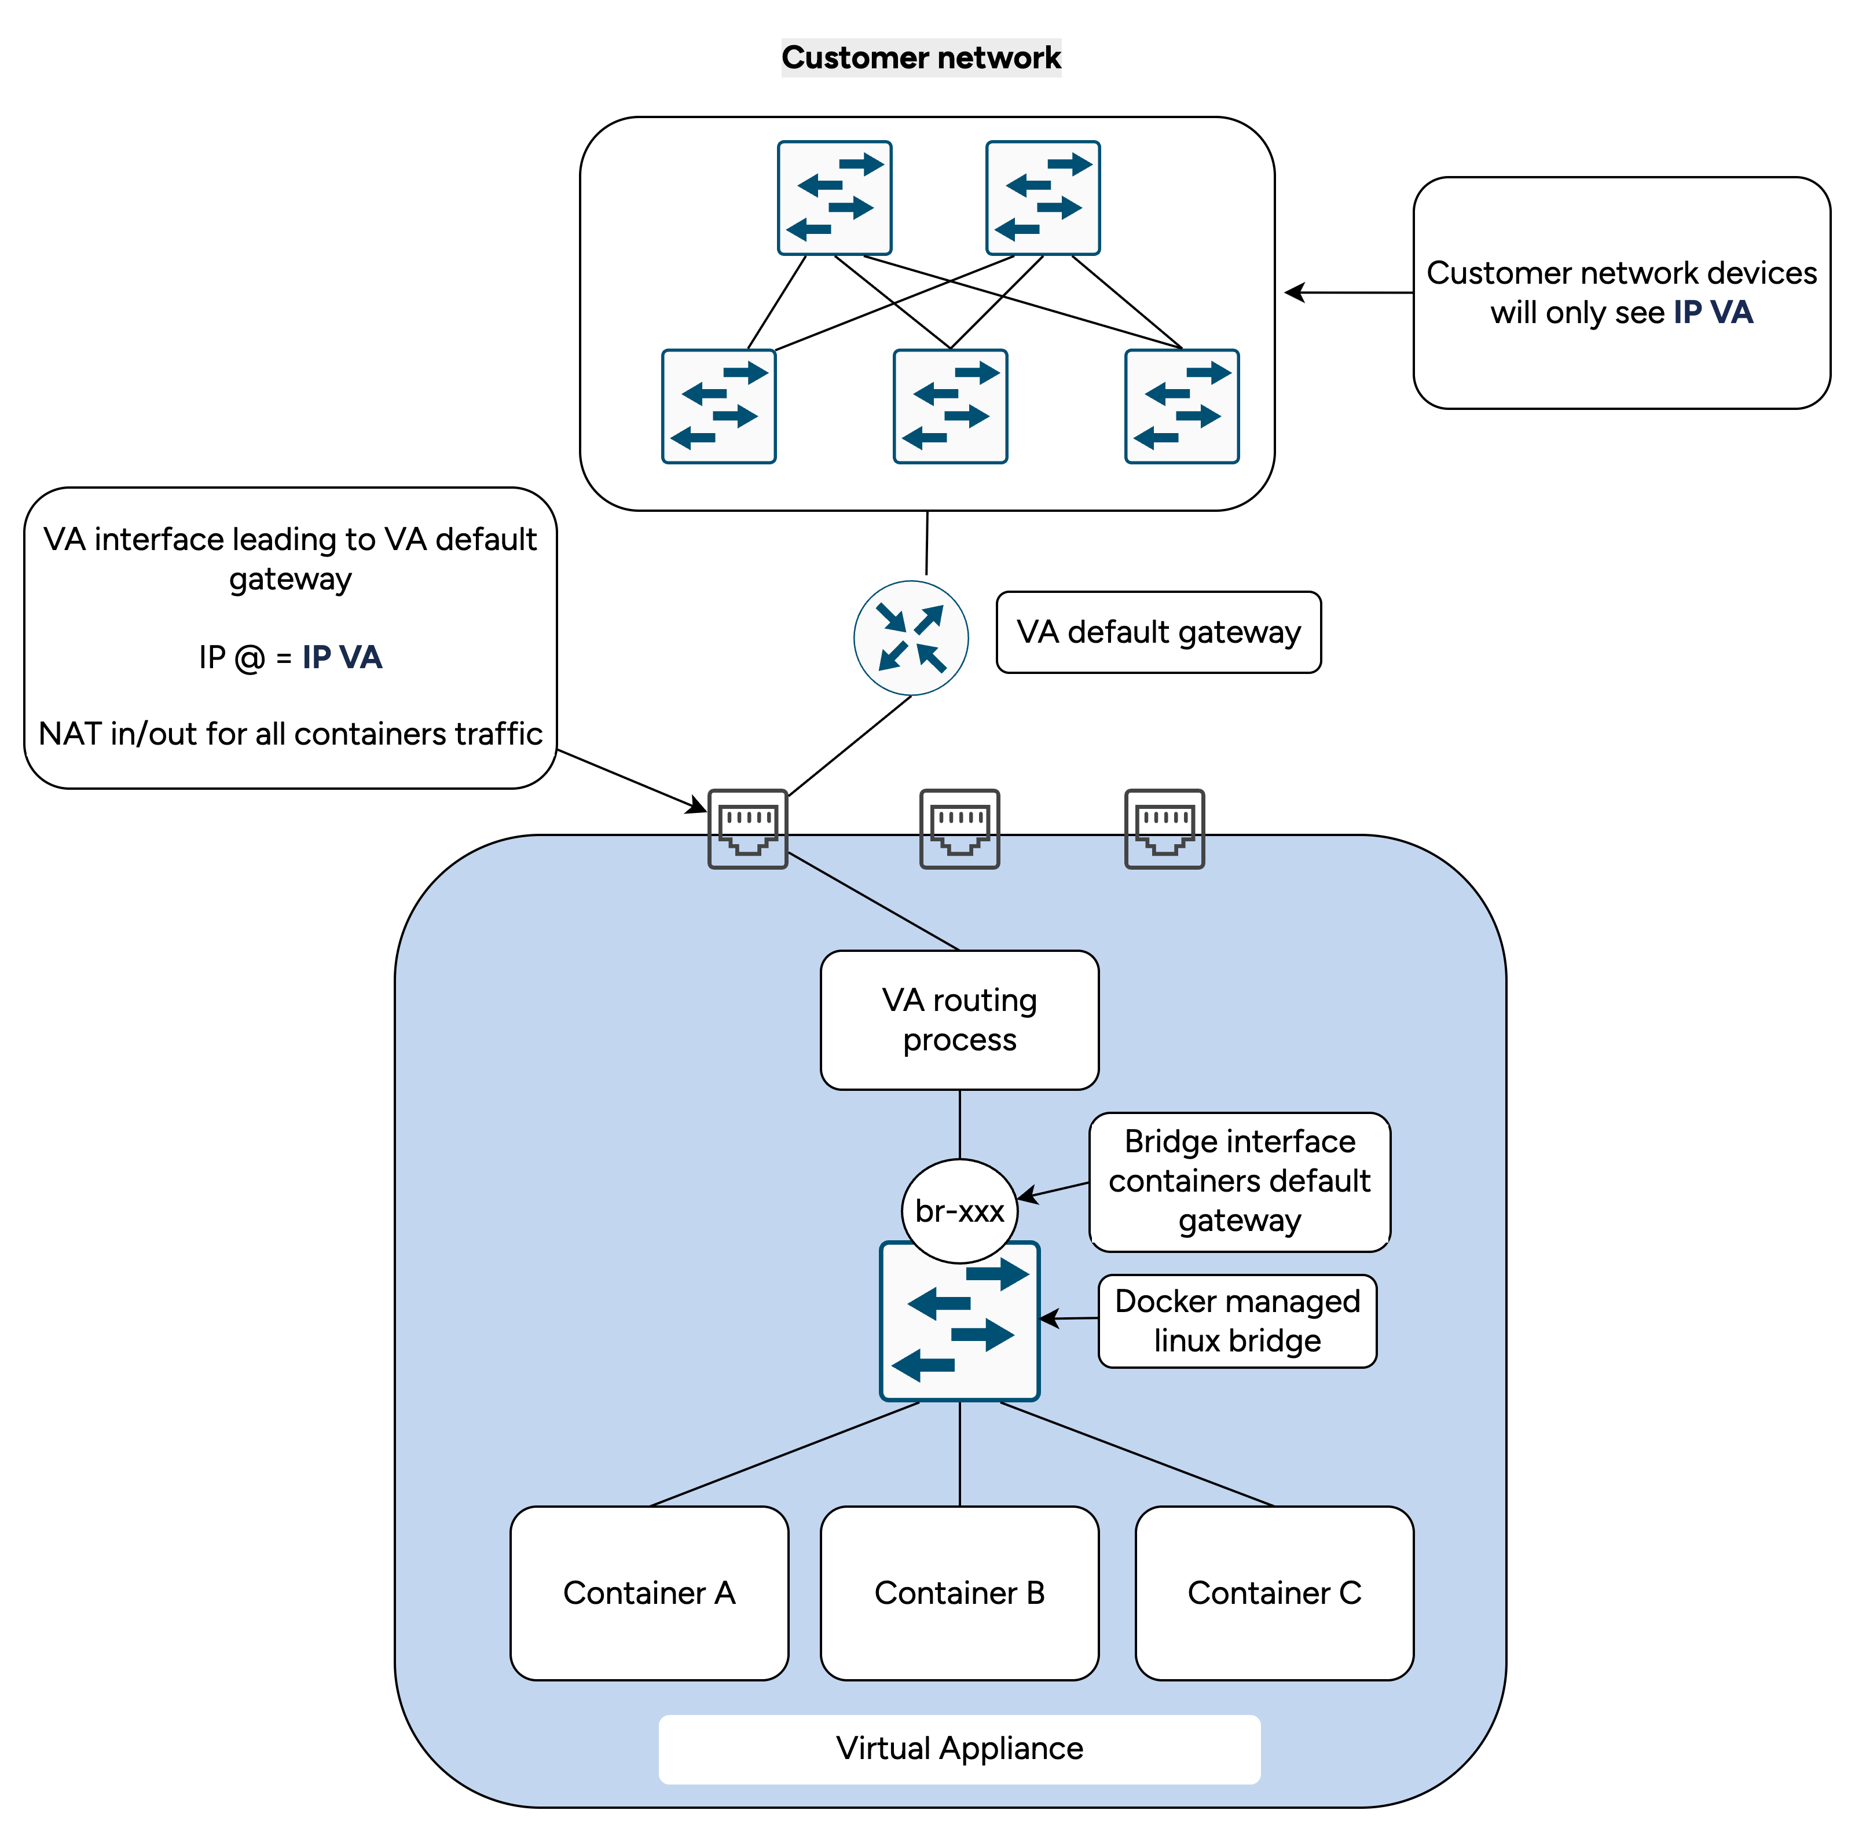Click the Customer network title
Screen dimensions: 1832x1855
[x=921, y=57]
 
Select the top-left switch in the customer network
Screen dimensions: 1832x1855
[x=834, y=198]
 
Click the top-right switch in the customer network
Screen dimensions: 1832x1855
[x=1043, y=198]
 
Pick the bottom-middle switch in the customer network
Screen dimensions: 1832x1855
[x=950, y=406]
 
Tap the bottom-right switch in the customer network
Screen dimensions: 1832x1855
[x=1181, y=406]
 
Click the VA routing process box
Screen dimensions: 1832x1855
[x=959, y=1020]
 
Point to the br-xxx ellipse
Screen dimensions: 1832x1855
[x=959, y=1211]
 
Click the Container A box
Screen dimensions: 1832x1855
[x=649, y=1593]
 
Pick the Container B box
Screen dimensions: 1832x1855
[x=959, y=1593]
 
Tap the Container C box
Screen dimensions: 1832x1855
[x=1274, y=1593]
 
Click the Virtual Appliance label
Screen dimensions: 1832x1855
[x=959, y=1749]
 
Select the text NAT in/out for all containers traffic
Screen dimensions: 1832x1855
[x=290, y=734]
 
